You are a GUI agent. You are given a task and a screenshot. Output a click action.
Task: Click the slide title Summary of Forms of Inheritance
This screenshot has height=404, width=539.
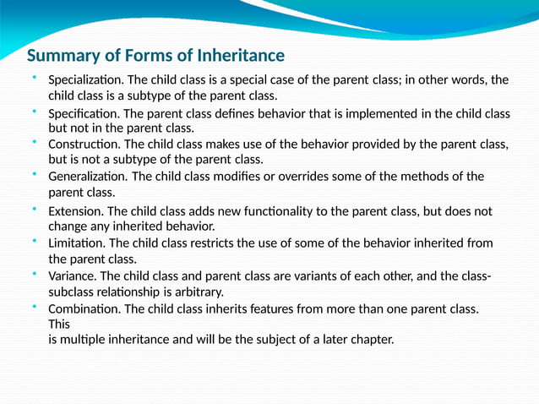[x=155, y=57]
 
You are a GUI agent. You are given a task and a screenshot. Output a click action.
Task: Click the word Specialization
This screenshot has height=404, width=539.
[x=86, y=80]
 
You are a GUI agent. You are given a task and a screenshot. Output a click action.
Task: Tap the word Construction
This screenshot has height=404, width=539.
[x=84, y=145]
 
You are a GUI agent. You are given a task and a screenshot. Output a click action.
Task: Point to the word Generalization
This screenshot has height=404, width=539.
[x=88, y=177]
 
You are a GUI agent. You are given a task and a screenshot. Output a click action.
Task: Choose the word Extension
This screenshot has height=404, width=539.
[x=75, y=211]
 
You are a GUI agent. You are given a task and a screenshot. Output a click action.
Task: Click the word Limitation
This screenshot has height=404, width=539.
[x=77, y=243]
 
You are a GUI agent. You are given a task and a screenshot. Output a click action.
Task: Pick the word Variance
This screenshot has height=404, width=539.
[x=73, y=276]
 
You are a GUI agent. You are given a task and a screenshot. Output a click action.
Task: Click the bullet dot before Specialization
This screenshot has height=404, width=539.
[x=35, y=78]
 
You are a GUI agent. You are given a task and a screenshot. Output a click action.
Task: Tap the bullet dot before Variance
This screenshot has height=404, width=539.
[x=35, y=274]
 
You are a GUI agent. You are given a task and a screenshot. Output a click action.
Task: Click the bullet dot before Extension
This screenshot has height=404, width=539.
[x=35, y=209]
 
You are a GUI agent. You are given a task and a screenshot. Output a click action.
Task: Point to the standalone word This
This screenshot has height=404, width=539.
[x=59, y=325]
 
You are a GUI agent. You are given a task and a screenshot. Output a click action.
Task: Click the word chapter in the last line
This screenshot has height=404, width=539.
[x=370, y=341]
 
